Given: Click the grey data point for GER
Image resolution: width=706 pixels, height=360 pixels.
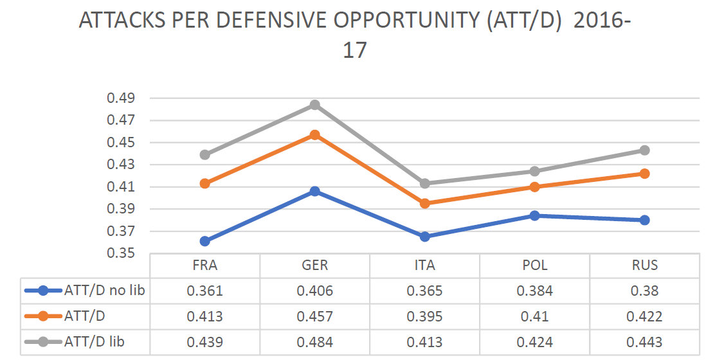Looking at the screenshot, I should pyautogui.click(x=314, y=105).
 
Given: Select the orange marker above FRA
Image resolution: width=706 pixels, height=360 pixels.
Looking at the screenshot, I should pyautogui.click(x=205, y=183).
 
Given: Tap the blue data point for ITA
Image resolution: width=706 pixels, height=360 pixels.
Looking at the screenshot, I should pyautogui.click(x=424, y=237).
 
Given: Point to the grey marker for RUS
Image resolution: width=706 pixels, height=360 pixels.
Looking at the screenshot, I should pyautogui.click(x=644, y=150).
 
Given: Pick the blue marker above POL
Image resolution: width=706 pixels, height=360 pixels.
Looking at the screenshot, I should pyautogui.click(x=534, y=215).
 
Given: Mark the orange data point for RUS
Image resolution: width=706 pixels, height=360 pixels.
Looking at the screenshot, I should pyautogui.click(x=644, y=174).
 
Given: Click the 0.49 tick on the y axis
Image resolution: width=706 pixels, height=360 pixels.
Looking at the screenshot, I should pyautogui.click(x=121, y=98).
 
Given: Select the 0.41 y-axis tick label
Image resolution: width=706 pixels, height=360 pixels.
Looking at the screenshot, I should pyautogui.click(x=121, y=187).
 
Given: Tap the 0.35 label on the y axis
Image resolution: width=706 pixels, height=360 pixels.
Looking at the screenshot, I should pyautogui.click(x=121, y=253).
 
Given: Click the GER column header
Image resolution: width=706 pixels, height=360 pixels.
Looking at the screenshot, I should pyautogui.click(x=314, y=265).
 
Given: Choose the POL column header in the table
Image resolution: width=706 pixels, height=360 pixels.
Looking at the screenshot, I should pyautogui.click(x=534, y=265).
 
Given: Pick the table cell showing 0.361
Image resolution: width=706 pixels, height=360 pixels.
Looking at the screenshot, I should pyautogui.click(x=204, y=291).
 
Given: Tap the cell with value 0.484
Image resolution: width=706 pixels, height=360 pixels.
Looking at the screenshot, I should pyautogui.click(x=314, y=342).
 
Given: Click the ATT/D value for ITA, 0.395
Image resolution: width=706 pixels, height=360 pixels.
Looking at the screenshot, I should pyautogui.click(x=424, y=316).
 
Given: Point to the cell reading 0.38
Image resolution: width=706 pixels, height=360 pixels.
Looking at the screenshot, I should pyautogui.click(x=644, y=291).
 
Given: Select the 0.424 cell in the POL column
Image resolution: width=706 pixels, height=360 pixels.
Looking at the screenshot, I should pyautogui.click(x=534, y=342).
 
